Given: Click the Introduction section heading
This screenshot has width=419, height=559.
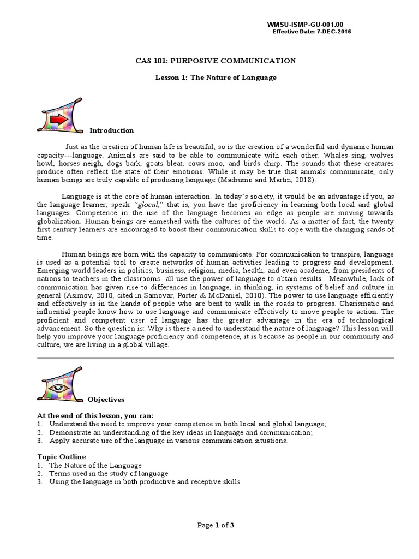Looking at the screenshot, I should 111,130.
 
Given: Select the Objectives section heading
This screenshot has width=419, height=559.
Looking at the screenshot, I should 107,399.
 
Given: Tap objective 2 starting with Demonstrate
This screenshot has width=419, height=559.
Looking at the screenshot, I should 180,432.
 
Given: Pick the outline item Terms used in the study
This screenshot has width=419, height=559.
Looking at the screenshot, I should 109,473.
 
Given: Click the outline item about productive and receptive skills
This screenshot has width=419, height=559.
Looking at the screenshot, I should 144,482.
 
